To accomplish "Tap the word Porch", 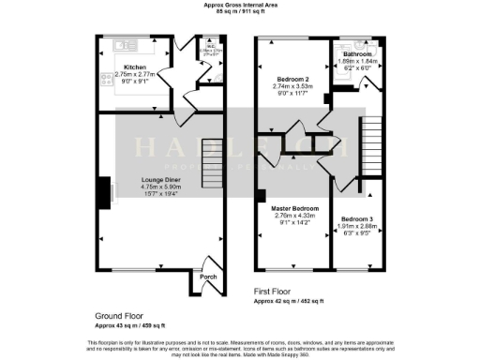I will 207,277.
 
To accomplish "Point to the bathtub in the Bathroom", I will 337,75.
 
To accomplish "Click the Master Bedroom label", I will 295,207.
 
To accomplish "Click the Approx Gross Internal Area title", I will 240,6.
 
